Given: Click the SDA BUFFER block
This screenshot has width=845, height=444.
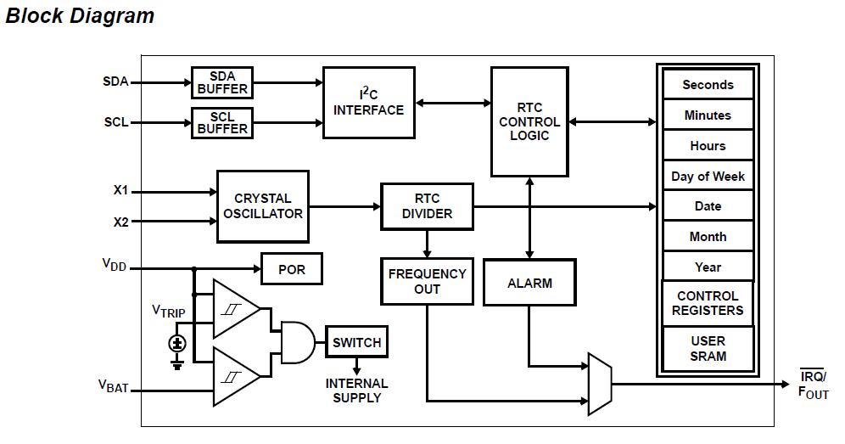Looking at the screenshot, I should (x=222, y=82).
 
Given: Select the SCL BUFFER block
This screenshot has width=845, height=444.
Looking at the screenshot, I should (x=222, y=122).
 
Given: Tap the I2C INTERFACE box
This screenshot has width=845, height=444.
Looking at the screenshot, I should (x=368, y=103).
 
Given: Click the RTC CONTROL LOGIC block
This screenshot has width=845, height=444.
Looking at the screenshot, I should (x=529, y=122).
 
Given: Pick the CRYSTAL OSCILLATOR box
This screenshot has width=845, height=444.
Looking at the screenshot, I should (x=263, y=206).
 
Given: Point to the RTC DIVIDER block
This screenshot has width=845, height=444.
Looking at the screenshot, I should (x=427, y=206).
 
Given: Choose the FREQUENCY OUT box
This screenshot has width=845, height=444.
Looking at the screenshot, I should (x=427, y=281).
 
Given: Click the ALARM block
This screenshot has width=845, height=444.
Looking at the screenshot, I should (x=529, y=283).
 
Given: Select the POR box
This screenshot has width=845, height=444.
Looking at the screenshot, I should (x=291, y=270).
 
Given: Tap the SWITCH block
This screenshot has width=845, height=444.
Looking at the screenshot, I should (x=356, y=342).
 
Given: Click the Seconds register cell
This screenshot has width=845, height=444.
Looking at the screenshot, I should (x=708, y=85).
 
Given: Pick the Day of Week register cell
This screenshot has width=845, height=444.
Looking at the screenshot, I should (x=708, y=177).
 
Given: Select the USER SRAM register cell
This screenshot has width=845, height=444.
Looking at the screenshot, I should (x=708, y=348).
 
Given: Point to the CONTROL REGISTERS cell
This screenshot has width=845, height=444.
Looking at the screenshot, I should (x=708, y=303).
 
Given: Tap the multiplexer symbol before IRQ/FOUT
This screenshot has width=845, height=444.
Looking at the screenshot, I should (x=599, y=384).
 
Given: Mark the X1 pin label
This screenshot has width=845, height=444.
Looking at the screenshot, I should (x=120, y=191).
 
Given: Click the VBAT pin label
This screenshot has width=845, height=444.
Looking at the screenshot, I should (x=113, y=386).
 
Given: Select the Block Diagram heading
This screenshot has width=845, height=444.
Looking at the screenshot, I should (x=80, y=15).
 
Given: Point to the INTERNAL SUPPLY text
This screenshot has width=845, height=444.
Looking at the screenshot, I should (x=356, y=391).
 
